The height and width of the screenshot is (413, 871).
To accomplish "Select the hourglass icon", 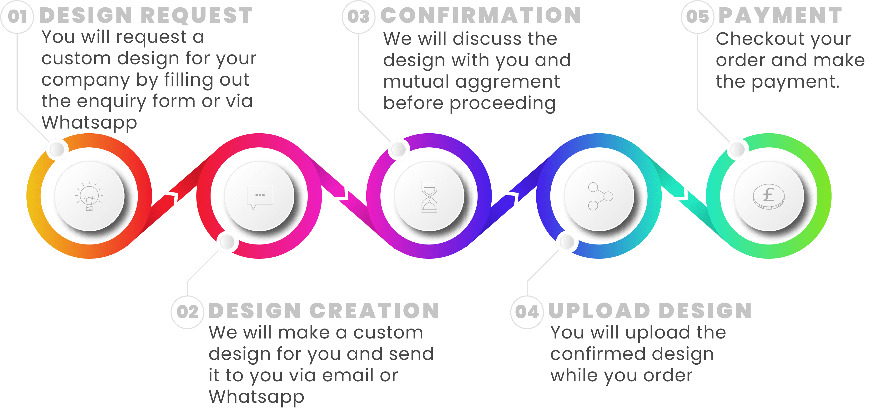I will [429, 197].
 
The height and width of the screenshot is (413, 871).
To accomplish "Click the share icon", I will [600, 196].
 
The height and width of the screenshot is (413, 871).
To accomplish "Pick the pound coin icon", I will [769, 196].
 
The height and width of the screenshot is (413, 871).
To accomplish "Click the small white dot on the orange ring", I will [57, 149].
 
